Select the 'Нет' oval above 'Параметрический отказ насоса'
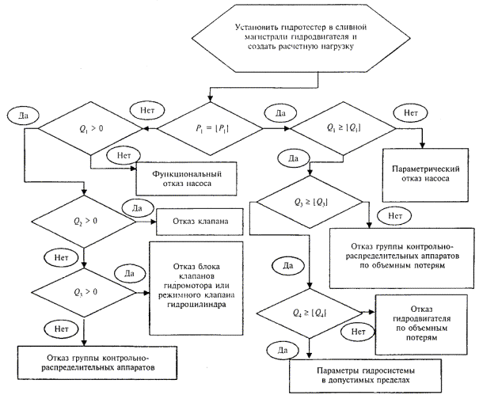pos(411,113)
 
